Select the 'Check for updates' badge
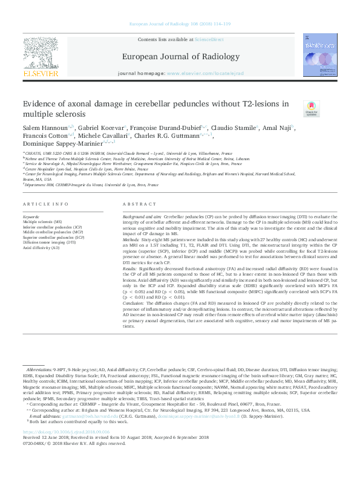pos(311,109)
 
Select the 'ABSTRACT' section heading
pos(140,205)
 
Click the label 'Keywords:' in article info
pos(31,216)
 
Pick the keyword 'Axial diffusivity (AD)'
pos(41,248)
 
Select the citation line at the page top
pos(180,24)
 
